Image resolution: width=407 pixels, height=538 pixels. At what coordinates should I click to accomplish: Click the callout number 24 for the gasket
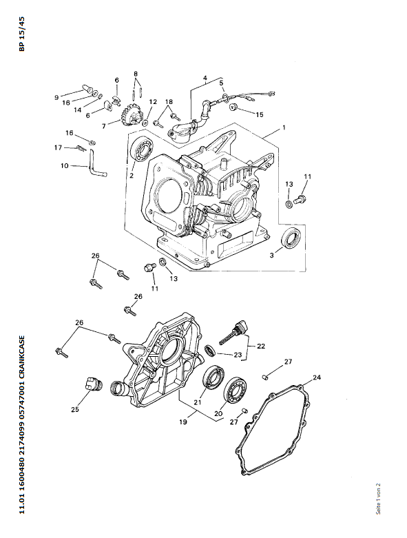pyautogui.click(x=317, y=377)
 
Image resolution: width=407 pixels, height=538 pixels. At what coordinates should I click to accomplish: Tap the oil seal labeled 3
pyautogui.click(x=291, y=237)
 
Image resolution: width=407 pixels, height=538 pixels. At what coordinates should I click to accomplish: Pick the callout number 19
pyautogui.click(x=183, y=422)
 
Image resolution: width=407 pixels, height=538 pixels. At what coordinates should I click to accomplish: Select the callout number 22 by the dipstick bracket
pyautogui.click(x=261, y=346)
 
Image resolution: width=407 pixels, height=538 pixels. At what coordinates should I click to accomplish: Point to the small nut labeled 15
pyautogui.click(x=233, y=106)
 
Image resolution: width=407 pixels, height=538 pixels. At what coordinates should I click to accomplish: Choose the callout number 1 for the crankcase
pyautogui.click(x=284, y=127)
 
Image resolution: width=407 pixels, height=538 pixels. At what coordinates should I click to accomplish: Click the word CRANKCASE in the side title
pyautogui.click(x=21, y=356)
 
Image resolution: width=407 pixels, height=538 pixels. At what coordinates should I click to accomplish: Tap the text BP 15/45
pyautogui.click(x=21, y=34)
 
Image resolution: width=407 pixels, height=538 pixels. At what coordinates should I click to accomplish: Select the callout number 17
pyautogui.click(x=58, y=147)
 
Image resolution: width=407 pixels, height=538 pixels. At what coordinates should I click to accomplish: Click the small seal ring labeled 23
pyautogui.click(x=210, y=351)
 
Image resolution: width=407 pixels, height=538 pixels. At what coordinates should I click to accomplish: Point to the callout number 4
pyautogui.click(x=205, y=78)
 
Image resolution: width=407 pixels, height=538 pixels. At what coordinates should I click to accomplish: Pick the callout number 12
pyautogui.click(x=153, y=102)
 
